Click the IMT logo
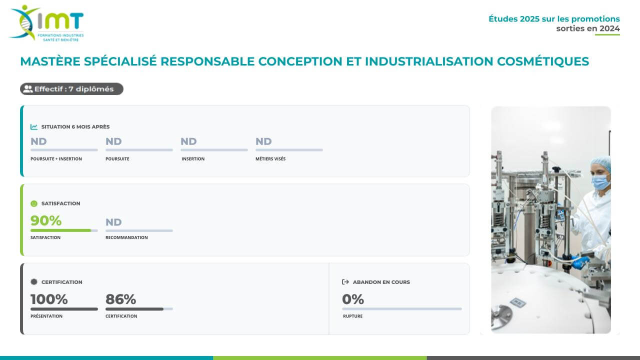click(46, 23)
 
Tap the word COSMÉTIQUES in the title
click(543, 61)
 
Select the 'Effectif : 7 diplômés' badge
click(71, 89)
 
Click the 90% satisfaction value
click(46, 220)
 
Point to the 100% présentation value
click(49, 299)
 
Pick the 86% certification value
click(120, 299)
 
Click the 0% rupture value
click(353, 299)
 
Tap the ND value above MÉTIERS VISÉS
click(263, 141)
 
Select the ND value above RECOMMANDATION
click(113, 222)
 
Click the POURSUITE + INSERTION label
click(56, 159)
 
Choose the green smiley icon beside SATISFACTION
click(34, 203)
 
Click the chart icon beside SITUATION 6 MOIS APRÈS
click(34, 127)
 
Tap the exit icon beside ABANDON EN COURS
click(345, 282)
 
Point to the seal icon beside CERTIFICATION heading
click(34, 282)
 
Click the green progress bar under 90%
click(61, 230)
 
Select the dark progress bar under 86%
click(134, 309)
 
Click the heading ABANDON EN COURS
click(381, 282)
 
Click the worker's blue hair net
click(601, 162)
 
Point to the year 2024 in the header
click(609, 28)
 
